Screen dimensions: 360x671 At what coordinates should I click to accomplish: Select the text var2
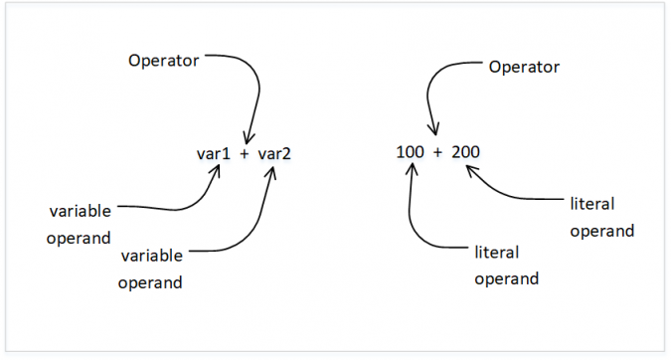(274, 154)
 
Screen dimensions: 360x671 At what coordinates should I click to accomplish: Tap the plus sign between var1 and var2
(244, 155)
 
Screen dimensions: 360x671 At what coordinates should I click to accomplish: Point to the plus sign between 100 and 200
(437, 154)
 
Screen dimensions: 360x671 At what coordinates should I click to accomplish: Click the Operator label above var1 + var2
(164, 60)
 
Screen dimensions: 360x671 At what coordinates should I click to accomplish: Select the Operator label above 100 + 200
(524, 67)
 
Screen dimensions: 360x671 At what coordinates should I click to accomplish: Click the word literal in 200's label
(592, 204)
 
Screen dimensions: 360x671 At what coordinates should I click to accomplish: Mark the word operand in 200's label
(602, 231)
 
